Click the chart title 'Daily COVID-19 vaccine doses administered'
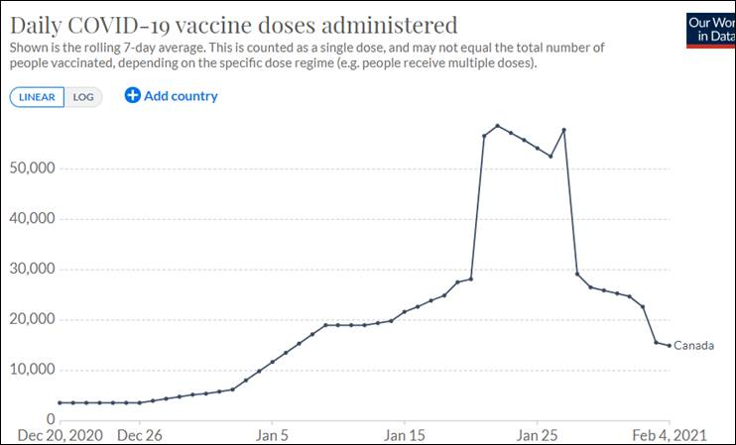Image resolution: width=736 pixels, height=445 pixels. [234, 25]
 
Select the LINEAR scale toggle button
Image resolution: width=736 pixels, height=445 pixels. [38, 96]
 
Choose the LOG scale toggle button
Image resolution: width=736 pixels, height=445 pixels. [82, 96]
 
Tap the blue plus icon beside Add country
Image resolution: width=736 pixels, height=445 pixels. [133, 95]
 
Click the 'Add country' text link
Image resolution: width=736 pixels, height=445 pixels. [181, 96]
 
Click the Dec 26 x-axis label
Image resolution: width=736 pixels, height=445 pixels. [140, 434]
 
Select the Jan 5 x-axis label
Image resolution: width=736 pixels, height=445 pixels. [272, 434]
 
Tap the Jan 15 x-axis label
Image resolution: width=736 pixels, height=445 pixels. [404, 434]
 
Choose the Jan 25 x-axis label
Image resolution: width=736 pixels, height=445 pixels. [537, 434]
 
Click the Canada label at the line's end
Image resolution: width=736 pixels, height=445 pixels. [693, 346]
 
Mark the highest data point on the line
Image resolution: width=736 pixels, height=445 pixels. [497, 126]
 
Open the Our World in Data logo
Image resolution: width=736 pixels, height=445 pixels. [710, 30]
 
